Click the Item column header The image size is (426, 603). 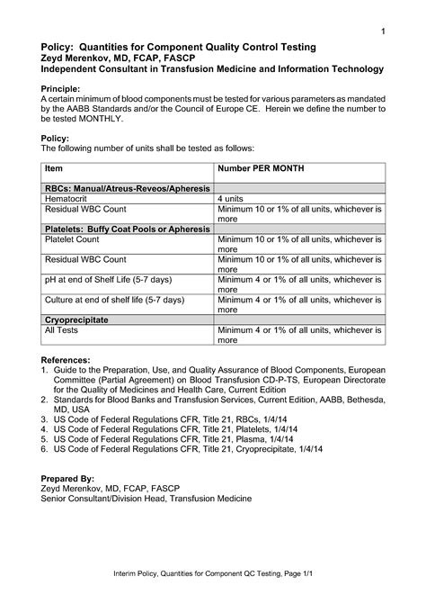(54, 168)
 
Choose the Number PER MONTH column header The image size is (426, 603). (261, 168)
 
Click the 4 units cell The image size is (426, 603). (232, 196)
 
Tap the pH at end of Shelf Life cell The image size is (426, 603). (109, 279)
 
